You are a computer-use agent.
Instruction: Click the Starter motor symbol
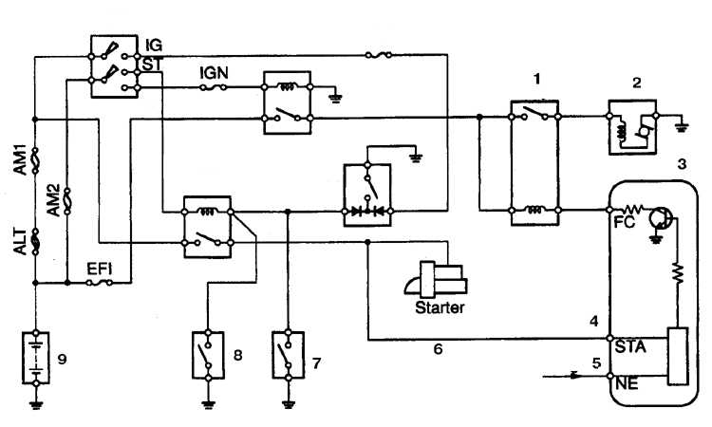tap(436, 279)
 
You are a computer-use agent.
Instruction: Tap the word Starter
tap(440, 307)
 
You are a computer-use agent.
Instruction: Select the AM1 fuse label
tap(21, 159)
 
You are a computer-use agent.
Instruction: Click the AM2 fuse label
tap(53, 200)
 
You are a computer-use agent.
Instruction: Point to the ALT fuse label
tap(20, 241)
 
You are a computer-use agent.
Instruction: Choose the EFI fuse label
tap(100, 269)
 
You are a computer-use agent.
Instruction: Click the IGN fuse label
tap(214, 73)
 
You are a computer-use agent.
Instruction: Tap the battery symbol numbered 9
tap(36, 358)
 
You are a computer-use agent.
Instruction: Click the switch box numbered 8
tap(208, 355)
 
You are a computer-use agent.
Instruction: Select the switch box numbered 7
tap(288, 355)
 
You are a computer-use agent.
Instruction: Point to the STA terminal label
tap(630, 347)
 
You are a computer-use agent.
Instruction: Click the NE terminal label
tap(627, 384)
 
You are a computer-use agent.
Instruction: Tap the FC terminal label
tap(625, 222)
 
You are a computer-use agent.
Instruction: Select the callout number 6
tap(438, 349)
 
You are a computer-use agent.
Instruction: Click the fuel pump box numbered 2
tap(632, 127)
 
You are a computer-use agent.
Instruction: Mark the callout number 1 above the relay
tap(537, 80)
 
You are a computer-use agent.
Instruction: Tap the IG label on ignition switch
tap(154, 46)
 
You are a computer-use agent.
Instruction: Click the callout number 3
tap(682, 164)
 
